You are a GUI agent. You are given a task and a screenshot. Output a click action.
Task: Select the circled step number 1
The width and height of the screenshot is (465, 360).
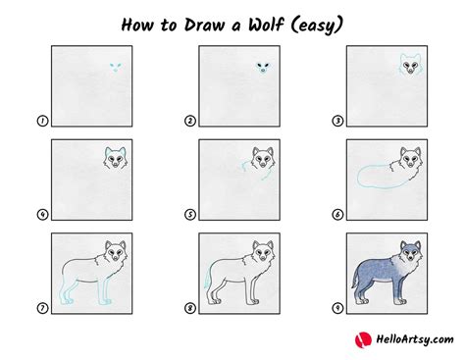42,122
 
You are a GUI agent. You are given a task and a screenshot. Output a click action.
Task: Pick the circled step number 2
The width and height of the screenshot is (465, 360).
190,122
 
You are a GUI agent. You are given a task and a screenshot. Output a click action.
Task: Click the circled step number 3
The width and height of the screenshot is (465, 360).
338,122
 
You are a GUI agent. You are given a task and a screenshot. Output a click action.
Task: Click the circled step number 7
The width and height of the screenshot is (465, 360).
42,308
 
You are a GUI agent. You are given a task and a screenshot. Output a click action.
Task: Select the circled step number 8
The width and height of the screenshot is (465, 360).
190,308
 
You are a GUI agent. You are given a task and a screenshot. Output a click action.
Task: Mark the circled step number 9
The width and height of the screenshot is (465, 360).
338,308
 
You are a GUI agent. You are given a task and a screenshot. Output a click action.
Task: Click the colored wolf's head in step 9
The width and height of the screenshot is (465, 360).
412,254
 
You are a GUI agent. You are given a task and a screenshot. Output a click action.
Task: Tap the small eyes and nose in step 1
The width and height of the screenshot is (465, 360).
116,67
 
